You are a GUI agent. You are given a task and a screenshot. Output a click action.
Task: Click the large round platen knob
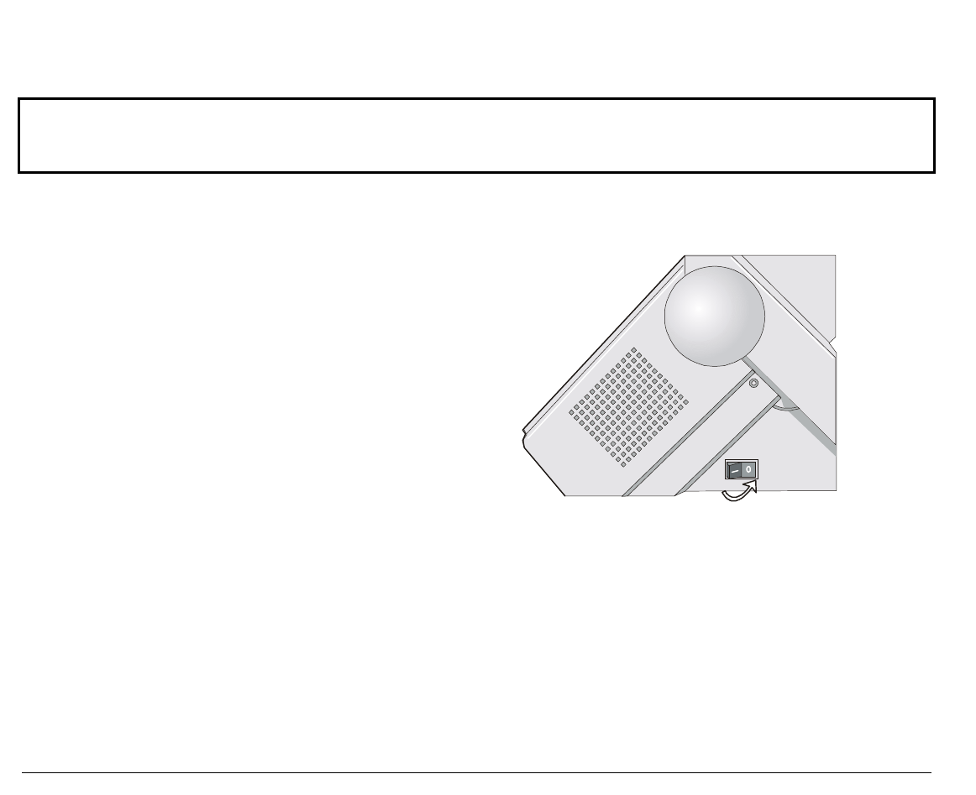(715, 316)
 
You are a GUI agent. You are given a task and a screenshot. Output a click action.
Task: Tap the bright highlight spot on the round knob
(698, 308)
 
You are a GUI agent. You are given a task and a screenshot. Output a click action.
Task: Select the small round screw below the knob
(753, 383)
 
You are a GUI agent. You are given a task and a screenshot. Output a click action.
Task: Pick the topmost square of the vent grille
(634, 350)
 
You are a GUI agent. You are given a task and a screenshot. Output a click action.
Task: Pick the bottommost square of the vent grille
(624, 463)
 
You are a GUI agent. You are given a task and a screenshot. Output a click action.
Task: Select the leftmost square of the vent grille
(572, 412)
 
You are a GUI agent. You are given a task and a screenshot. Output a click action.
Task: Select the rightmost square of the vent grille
(686, 401)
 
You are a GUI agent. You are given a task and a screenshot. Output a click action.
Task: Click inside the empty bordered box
(477, 135)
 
